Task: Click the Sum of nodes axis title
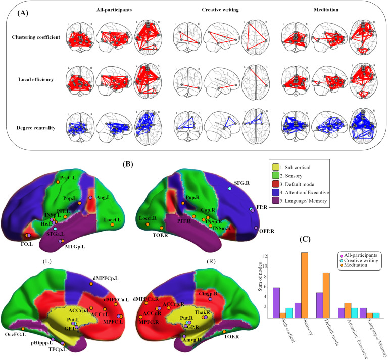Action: [x=260, y=286]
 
